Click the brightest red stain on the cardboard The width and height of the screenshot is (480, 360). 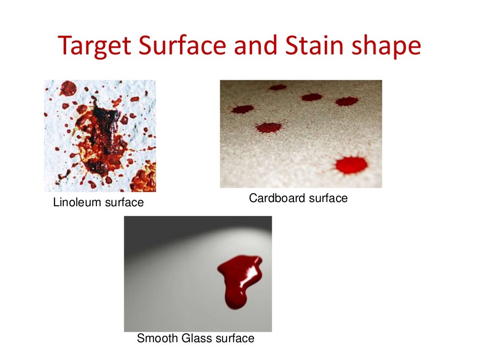point(351,165)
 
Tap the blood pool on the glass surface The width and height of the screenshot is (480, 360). point(239,277)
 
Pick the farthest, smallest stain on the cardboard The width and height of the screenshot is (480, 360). point(277,87)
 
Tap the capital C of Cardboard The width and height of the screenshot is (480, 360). point(253,198)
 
